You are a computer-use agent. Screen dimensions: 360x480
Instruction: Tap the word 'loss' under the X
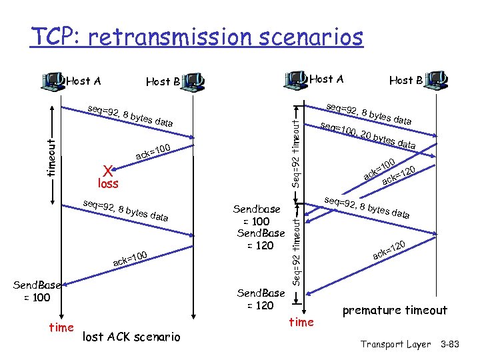[x=107, y=182]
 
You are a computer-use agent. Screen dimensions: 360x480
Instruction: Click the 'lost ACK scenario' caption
[x=131, y=337]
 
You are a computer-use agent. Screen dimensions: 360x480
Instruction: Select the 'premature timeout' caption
[x=395, y=310]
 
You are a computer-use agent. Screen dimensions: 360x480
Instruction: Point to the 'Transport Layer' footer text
[x=395, y=344]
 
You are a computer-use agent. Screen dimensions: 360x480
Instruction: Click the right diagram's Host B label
[x=405, y=80]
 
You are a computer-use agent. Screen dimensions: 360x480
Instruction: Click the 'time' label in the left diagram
[x=61, y=328]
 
